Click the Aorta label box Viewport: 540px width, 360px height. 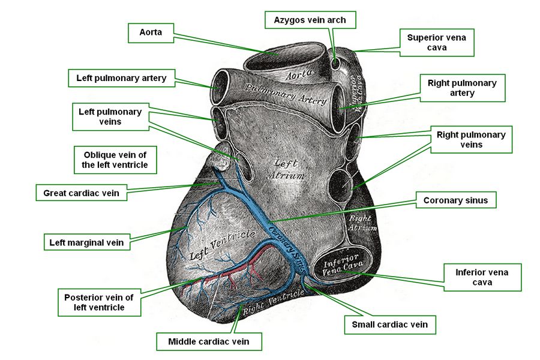click(x=151, y=33)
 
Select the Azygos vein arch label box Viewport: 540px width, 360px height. click(x=310, y=20)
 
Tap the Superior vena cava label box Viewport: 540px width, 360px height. click(x=437, y=43)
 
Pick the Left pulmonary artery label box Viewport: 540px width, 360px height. click(x=121, y=78)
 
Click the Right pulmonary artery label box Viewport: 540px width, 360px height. click(x=462, y=88)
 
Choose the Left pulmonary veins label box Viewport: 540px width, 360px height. click(x=110, y=116)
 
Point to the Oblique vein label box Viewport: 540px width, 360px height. click(x=115, y=160)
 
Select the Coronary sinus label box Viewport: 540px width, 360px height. click(x=455, y=200)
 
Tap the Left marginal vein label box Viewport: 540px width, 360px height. click(x=86, y=242)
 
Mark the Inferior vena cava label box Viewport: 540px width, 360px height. click(x=482, y=277)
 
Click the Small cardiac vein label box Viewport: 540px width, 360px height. click(x=390, y=324)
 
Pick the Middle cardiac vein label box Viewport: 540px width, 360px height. click(x=209, y=341)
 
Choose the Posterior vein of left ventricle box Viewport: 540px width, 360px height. click(x=99, y=302)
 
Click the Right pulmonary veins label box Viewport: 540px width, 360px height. click(x=471, y=140)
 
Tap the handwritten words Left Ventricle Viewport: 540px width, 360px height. click(x=223, y=245)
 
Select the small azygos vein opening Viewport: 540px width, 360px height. click(x=335, y=63)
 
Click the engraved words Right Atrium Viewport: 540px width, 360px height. click(x=362, y=223)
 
